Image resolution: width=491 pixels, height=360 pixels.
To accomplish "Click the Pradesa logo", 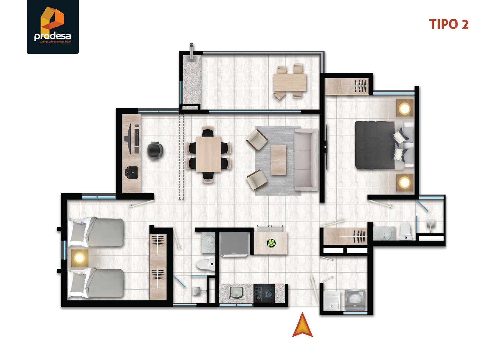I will (x=53, y=27).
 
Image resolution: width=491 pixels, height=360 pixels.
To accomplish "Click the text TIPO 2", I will (x=449, y=25).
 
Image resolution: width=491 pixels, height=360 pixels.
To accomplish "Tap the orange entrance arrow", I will (x=302, y=326).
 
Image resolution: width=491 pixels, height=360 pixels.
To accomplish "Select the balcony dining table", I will (x=290, y=82).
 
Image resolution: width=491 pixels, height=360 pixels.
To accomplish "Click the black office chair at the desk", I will (x=155, y=151).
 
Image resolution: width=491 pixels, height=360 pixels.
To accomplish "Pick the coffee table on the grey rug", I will (x=279, y=159).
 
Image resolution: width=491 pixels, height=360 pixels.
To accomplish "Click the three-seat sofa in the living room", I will (x=306, y=159).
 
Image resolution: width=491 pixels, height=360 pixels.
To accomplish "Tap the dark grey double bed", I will (x=376, y=145).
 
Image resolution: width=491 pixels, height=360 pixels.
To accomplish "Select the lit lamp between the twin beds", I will (x=80, y=258).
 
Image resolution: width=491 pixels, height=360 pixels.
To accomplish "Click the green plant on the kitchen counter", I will (x=271, y=243).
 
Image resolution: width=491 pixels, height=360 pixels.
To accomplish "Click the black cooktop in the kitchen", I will (x=264, y=294).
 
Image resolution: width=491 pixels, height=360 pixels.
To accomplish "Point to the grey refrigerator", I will (x=234, y=243).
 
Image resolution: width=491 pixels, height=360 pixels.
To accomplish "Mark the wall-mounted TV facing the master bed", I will (x=326, y=147).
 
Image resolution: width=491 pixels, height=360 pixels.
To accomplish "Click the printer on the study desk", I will (x=131, y=172).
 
